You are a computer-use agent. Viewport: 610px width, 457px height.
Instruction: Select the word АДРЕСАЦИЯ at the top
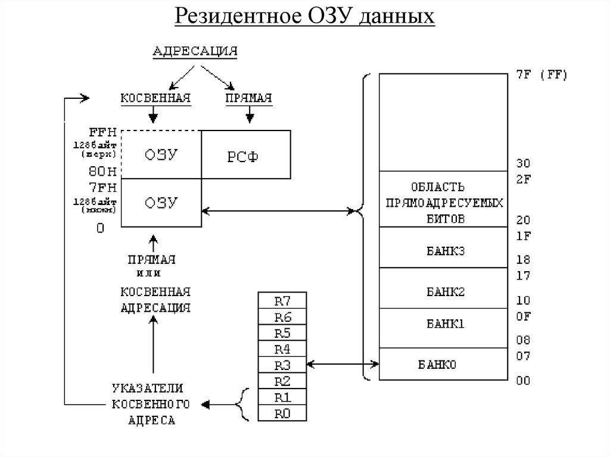pyautogui.click(x=195, y=51)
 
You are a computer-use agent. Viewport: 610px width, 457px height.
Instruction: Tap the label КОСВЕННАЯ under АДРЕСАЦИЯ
pyautogui.click(x=155, y=97)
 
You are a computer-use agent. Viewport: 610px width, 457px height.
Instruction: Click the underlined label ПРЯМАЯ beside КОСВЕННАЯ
pyautogui.click(x=248, y=97)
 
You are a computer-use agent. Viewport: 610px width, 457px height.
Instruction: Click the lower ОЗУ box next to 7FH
pyautogui.click(x=161, y=202)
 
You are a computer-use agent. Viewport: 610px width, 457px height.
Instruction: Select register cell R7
pyautogui.click(x=282, y=300)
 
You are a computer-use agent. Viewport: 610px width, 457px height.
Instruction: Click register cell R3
pyautogui.click(x=282, y=364)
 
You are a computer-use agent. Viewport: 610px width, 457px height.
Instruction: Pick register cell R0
pyautogui.click(x=282, y=412)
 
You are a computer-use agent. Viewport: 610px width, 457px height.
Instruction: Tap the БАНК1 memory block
pyautogui.click(x=445, y=325)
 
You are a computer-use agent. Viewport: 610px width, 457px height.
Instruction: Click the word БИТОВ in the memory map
pyautogui.click(x=444, y=219)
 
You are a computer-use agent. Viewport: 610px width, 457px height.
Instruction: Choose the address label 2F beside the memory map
pyautogui.click(x=523, y=178)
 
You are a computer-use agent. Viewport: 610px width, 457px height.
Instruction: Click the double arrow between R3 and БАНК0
pyautogui.click(x=342, y=363)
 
